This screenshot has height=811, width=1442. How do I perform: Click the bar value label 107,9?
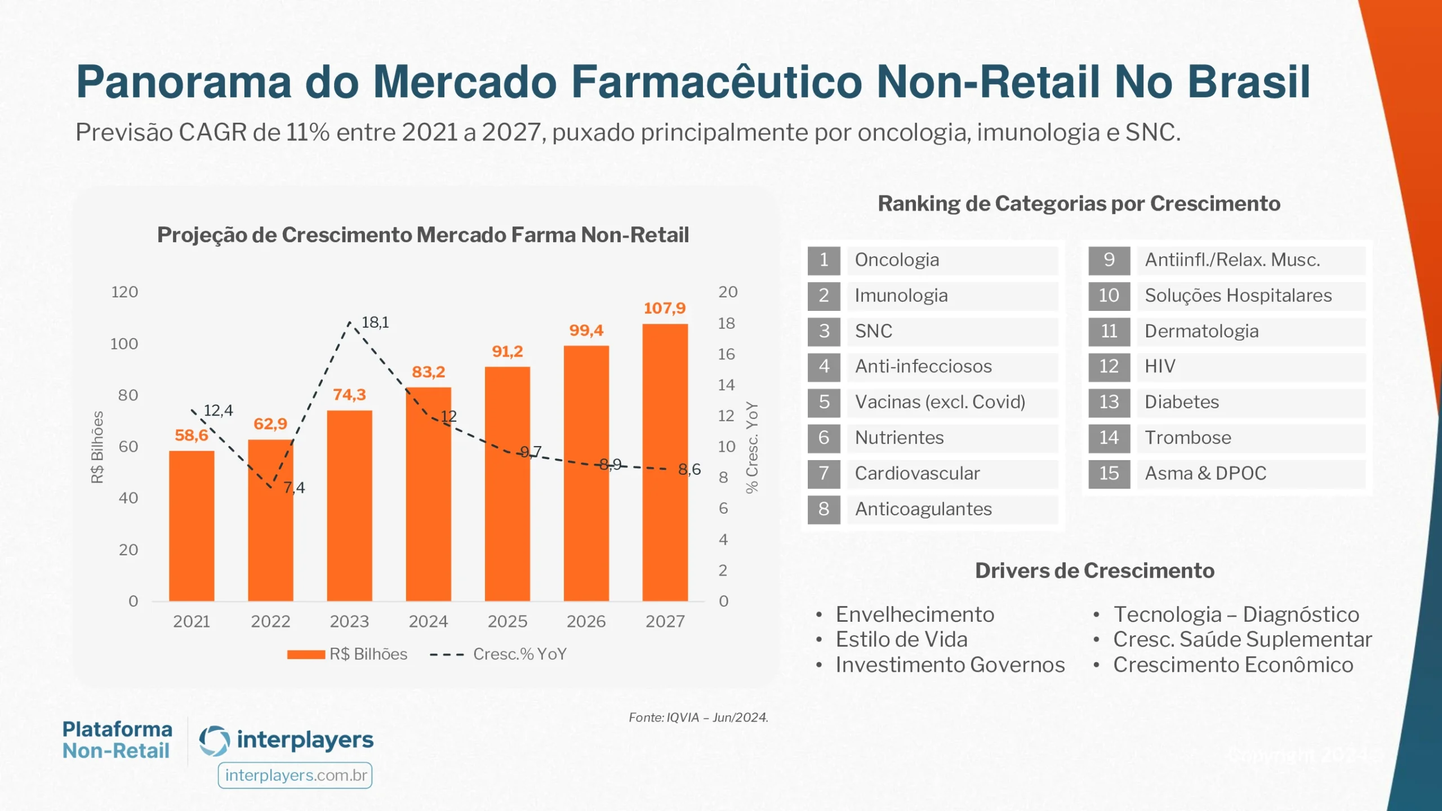665,308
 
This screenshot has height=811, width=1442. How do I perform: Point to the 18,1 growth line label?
375,322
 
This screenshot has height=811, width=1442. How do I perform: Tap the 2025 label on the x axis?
507,621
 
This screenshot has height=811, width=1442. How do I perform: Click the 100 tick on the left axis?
124,344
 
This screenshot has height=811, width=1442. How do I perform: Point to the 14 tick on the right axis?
726,385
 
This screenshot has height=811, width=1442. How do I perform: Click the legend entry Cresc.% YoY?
519,654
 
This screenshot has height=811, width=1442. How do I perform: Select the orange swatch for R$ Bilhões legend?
306,654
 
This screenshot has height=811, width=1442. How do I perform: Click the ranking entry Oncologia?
897,260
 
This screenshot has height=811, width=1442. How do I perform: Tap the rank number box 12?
1109,367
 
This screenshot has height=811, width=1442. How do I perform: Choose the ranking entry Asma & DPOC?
1205,473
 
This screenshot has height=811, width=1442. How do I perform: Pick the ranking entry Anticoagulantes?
923,509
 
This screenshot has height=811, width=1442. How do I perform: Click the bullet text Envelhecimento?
915,614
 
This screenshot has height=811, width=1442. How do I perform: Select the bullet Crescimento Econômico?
1232,665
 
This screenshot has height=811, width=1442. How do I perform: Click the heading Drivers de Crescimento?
1094,571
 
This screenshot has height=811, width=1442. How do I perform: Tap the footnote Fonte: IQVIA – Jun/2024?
698,718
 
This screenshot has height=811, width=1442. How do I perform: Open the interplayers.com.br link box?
295,776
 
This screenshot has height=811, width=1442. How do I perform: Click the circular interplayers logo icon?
215,741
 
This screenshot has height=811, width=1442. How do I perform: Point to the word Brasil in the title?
1249,82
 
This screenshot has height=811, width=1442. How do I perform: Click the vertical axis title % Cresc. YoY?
752,448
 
